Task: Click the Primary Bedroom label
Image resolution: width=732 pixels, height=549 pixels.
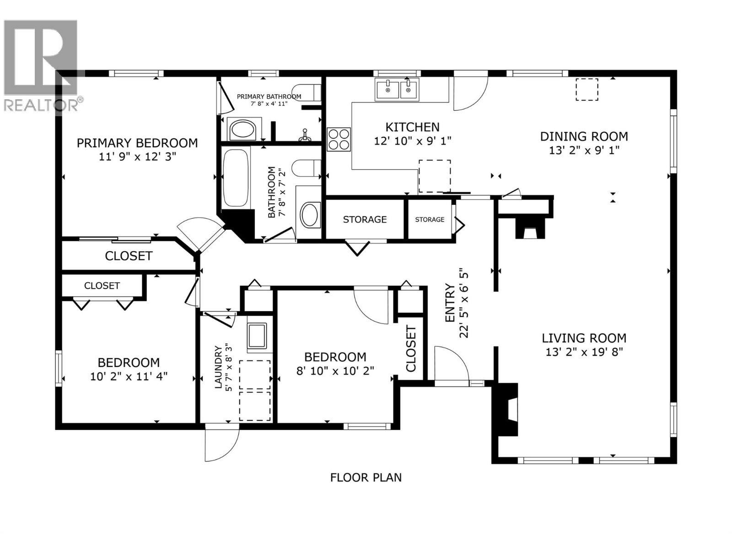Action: point(137,143)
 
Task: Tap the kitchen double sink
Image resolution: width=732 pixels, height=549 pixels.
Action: point(397,89)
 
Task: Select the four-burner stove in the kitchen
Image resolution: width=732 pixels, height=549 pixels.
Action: point(339,139)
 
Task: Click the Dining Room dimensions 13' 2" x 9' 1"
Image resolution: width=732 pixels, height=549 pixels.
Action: point(584,150)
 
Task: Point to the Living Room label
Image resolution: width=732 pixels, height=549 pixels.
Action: point(584,338)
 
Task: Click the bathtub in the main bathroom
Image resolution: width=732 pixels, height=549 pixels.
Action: point(236,178)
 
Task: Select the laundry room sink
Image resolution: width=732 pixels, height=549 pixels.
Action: point(257,337)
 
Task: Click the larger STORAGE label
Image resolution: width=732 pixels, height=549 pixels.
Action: point(365,220)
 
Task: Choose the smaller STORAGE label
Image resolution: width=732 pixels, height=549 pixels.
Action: point(429,220)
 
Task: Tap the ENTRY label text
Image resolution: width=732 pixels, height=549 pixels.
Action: point(450,303)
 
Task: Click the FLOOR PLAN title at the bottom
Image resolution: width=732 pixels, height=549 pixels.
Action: point(366,478)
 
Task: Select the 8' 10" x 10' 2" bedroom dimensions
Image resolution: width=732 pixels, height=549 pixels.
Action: point(335,371)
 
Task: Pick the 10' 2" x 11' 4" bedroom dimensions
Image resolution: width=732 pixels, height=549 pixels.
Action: point(129,377)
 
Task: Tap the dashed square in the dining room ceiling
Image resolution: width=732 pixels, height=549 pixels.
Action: point(587,89)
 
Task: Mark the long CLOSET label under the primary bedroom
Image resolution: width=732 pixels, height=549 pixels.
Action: point(129,256)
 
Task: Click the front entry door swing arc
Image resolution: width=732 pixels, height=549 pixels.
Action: point(452,363)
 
